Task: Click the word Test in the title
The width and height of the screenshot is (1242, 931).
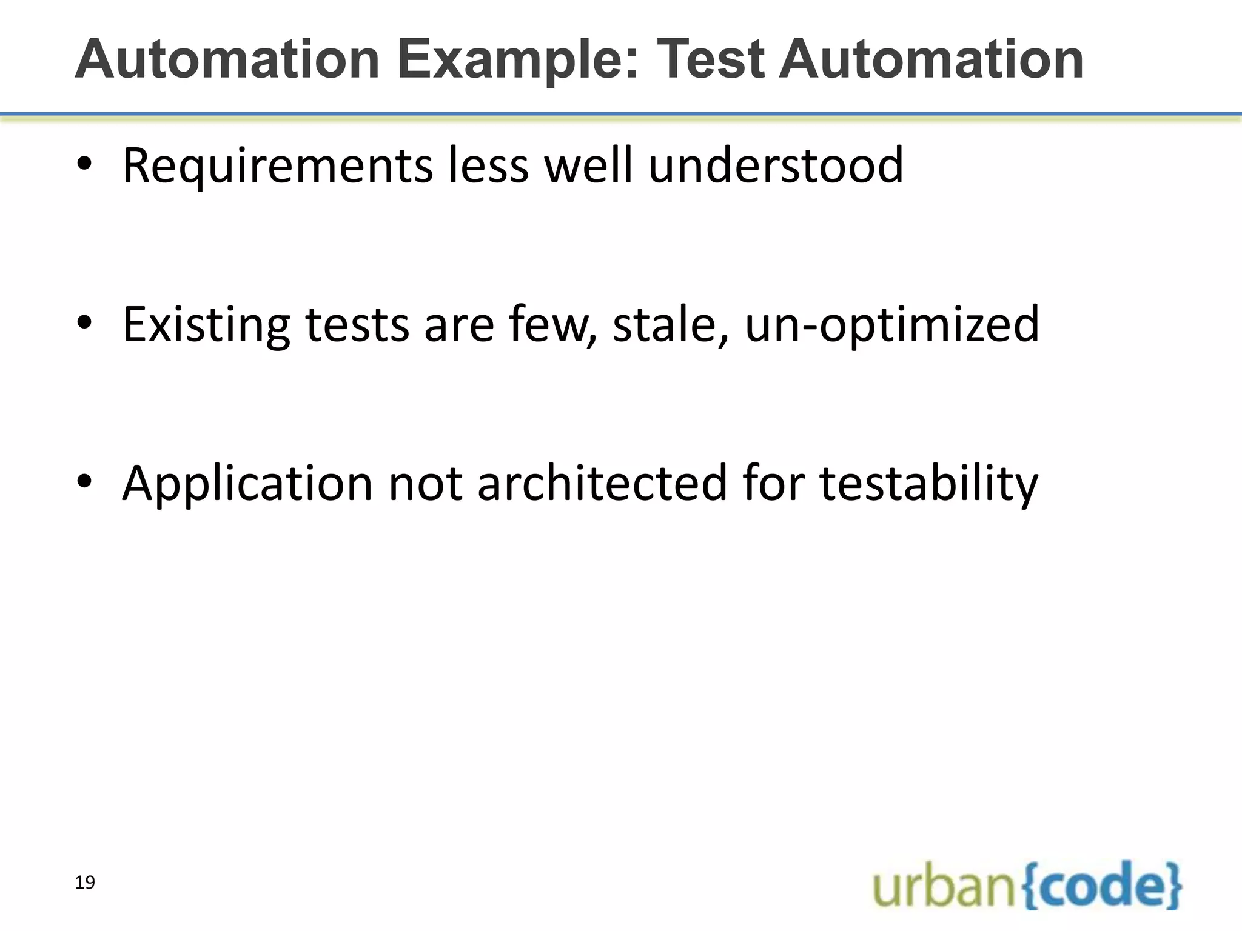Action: coord(710,59)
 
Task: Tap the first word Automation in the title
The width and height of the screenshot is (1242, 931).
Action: coord(227,59)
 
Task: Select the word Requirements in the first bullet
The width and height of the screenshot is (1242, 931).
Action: coord(278,166)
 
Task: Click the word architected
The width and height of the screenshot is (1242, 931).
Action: coord(602,483)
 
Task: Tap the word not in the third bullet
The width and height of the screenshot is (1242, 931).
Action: coord(425,484)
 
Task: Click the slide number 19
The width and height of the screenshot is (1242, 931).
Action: coord(85,883)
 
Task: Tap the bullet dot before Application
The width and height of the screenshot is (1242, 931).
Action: coord(84,482)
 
